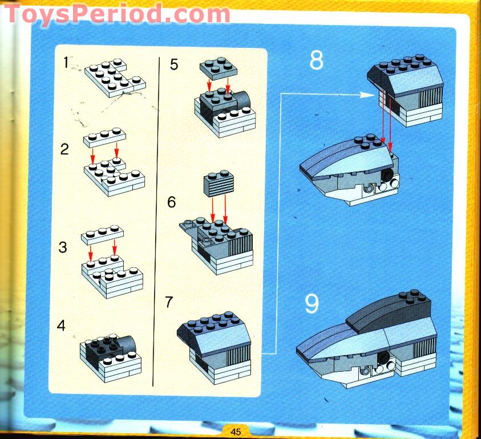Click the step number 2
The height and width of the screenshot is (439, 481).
coord(64,151)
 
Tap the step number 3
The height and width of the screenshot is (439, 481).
coord(63,248)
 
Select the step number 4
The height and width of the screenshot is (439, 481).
coord(62,326)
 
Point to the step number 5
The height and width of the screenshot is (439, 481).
coord(174,64)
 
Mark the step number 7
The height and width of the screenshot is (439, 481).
coord(169,302)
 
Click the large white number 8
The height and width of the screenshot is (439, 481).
coord(316,61)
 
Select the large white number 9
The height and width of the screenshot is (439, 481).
coord(312,304)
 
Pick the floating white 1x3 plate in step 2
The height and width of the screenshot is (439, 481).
coord(104,137)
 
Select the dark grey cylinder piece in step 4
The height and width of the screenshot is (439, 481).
coord(127,344)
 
